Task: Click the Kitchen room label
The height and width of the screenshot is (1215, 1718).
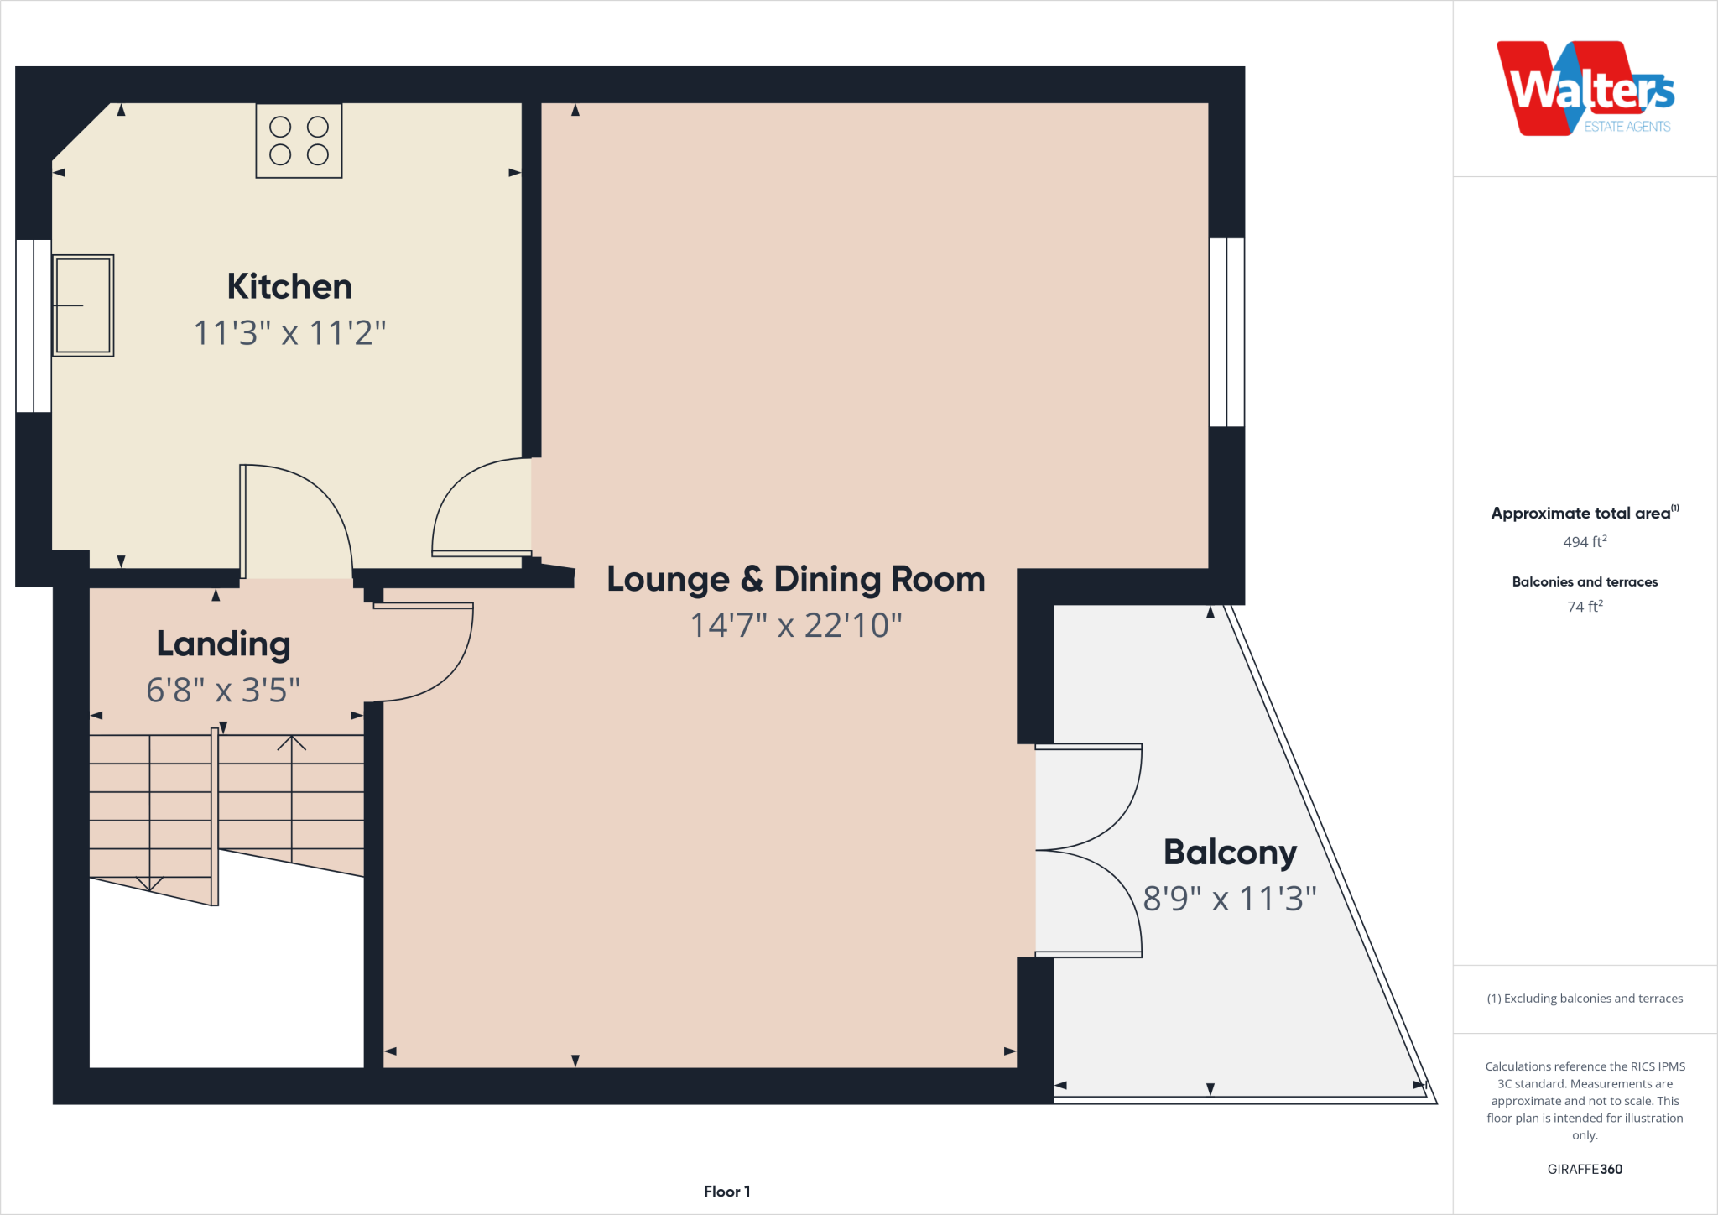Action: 289,287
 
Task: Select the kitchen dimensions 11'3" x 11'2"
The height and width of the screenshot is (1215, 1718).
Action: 289,333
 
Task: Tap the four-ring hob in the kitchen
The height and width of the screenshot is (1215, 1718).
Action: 299,141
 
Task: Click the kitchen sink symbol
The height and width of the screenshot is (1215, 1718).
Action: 83,305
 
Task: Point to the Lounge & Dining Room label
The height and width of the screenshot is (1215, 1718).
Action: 795,579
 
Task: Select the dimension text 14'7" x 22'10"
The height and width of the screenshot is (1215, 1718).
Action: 795,625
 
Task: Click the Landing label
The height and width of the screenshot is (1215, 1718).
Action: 223,644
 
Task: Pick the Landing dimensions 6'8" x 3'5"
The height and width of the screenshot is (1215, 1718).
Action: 223,691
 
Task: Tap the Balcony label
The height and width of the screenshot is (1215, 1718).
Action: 1230,853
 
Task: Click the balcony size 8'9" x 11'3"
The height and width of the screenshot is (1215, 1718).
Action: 1230,899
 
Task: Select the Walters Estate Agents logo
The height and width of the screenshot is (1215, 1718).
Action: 1585,89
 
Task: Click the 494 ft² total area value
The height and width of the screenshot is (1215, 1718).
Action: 1585,542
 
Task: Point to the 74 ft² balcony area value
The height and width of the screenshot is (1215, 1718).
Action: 1585,607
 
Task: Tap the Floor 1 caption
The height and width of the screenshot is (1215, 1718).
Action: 726,1192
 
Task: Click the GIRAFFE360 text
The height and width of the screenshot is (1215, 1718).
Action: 1585,1169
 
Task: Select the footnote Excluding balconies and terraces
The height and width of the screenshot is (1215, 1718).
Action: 1585,999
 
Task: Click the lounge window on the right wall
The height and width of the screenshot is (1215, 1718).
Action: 1226,332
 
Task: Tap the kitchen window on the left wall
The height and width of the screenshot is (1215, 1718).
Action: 34,326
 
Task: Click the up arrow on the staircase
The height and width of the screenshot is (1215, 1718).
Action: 292,743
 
